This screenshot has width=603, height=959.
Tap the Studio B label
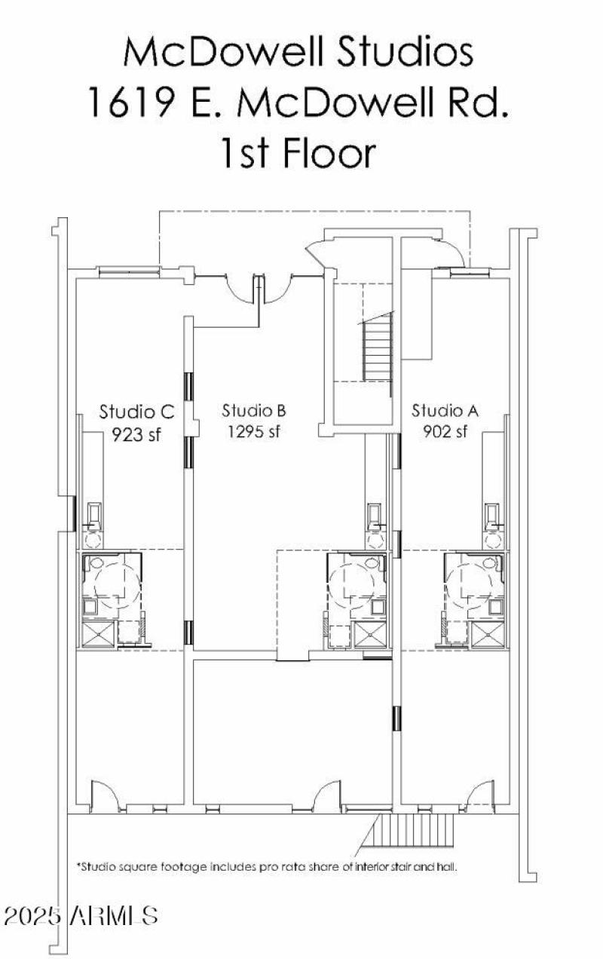click(x=253, y=411)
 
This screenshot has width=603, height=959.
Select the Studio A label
click(x=445, y=411)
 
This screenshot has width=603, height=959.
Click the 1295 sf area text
click(x=254, y=432)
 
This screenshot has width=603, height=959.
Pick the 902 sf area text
click(x=445, y=431)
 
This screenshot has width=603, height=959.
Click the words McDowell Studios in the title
click(x=298, y=53)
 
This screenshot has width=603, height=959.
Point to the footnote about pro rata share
click(x=267, y=867)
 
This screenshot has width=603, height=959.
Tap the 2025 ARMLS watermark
click(x=81, y=916)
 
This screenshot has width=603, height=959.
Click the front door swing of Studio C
click(x=103, y=795)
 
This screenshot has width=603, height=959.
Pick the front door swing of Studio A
click(x=477, y=795)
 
